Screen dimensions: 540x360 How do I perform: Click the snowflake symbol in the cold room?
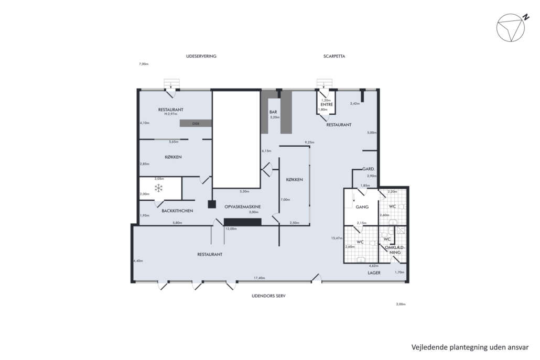(x=158, y=188)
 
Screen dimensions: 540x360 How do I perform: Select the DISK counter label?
(x=196, y=124)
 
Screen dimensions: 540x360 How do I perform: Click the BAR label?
(x=273, y=112)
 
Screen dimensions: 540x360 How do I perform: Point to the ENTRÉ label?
(x=327, y=105)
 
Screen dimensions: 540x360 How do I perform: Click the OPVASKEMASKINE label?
(x=242, y=207)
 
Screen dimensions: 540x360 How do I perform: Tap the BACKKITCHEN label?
(x=177, y=211)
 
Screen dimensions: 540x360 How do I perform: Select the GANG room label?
(x=362, y=207)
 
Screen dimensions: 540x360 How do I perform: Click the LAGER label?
(x=374, y=272)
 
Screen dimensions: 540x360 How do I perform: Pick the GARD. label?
(x=368, y=169)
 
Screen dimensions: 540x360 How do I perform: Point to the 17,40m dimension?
(x=260, y=278)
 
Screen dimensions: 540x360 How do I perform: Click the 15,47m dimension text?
(x=337, y=238)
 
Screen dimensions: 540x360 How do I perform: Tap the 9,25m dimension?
(x=309, y=142)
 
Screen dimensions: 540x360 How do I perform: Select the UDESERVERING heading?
(x=201, y=56)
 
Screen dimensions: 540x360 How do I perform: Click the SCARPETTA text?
(x=334, y=56)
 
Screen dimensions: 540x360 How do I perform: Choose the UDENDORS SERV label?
(x=268, y=296)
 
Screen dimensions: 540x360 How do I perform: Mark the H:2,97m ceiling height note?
(x=171, y=114)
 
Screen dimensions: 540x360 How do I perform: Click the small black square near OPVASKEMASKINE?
(x=211, y=204)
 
